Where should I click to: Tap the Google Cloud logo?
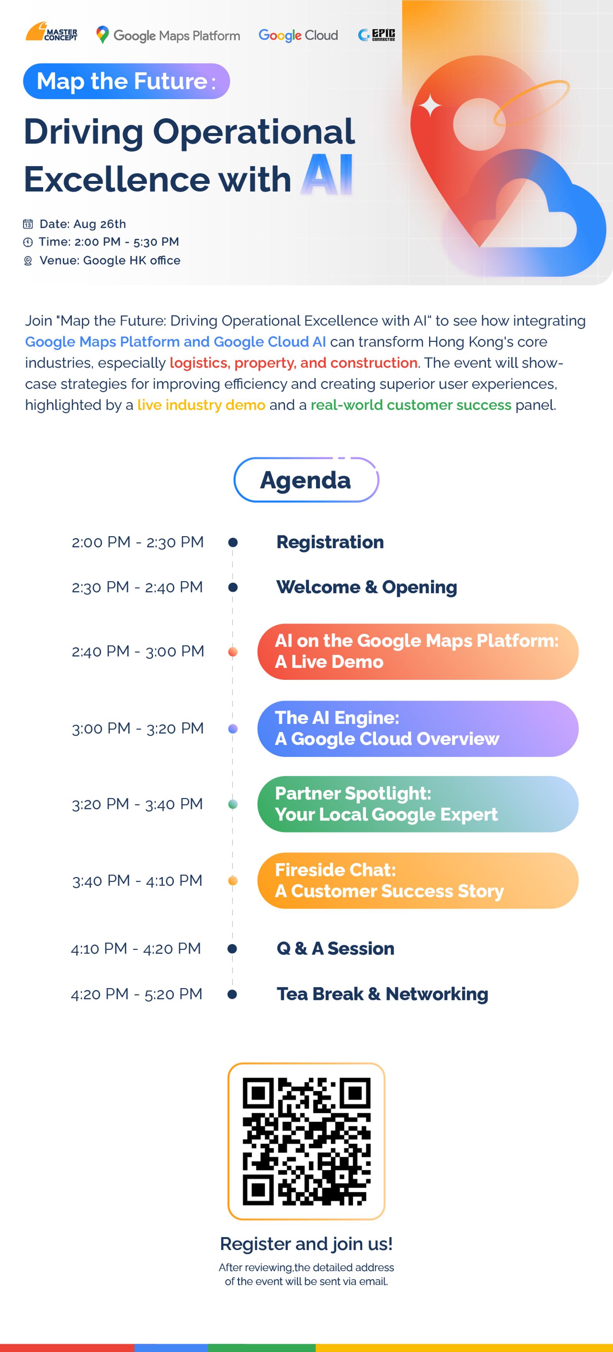pyautogui.click(x=298, y=35)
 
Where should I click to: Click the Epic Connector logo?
pyautogui.click(x=376, y=34)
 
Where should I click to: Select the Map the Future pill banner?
pyautogui.click(x=126, y=81)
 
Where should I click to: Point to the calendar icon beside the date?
pyautogui.click(x=28, y=224)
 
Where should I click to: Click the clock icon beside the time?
pyautogui.click(x=28, y=242)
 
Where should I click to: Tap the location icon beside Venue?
pyautogui.click(x=28, y=260)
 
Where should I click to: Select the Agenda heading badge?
pyautogui.click(x=306, y=480)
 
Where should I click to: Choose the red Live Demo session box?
pyautogui.click(x=418, y=651)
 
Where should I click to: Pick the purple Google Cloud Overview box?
pyautogui.click(x=418, y=728)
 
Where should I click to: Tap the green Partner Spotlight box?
pyautogui.click(x=418, y=804)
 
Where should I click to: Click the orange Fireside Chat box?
pyautogui.click(x=418, y=881)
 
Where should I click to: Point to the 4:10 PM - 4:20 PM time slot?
pyautogui.click(x=136, y=948)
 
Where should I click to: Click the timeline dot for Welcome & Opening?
pyautogui.click(x=233, y=587)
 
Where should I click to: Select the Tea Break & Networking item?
pyautogui.click(x=382, y=994)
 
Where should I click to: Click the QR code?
pyautogui.click(x=306, y=1141)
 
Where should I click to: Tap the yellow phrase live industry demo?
pyautogui.click(x=201, y=405)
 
